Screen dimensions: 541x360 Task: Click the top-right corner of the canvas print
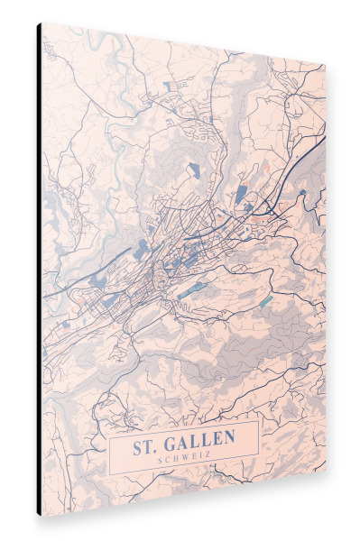pyautogui.click(x=326, y=67)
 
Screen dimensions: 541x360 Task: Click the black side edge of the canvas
pyautogui.click(x=39, y=270)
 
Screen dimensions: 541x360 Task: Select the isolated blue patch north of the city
pyautogui.click(x=192, y=169)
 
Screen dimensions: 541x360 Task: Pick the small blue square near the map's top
pyautogui.click(x=168, y=87)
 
